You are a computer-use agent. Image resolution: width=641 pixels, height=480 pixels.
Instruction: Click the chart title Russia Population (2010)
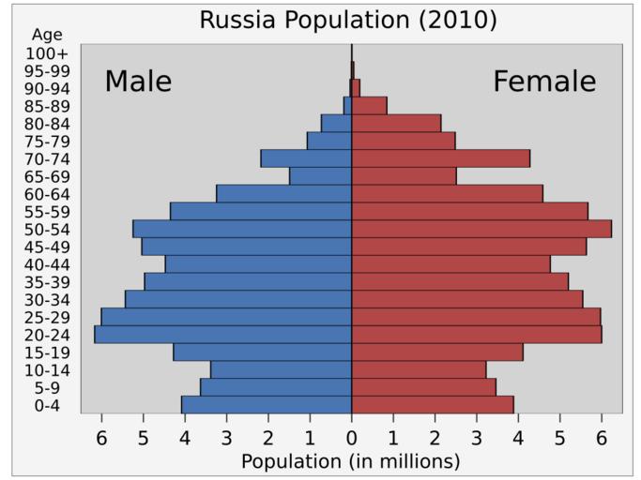348,20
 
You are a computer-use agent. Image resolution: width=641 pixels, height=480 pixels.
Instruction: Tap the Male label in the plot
138,82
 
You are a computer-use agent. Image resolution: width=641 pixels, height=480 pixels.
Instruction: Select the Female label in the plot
544,82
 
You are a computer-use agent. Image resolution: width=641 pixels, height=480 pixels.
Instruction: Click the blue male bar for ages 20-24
223,335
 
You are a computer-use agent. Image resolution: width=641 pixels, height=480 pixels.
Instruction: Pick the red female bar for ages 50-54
481,229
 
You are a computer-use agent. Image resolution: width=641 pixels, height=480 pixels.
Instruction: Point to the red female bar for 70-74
441,158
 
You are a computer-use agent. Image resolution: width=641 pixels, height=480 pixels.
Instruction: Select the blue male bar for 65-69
321,176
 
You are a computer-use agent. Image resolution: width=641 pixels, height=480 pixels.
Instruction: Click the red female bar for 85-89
370,105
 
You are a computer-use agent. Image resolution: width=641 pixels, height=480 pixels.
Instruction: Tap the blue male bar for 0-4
267,405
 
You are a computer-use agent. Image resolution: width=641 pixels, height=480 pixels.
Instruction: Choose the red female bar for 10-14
419,369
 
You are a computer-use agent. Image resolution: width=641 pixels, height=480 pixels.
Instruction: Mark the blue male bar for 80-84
336,123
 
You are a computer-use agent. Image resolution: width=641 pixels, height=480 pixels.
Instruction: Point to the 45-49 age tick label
46,247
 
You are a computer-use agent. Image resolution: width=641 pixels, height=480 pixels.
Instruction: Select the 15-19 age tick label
46,352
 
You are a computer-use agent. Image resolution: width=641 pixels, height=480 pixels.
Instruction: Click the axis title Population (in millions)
351,461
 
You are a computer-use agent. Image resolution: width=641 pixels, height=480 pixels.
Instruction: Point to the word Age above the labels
46,35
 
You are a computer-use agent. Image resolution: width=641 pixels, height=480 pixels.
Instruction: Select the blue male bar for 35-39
248,282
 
